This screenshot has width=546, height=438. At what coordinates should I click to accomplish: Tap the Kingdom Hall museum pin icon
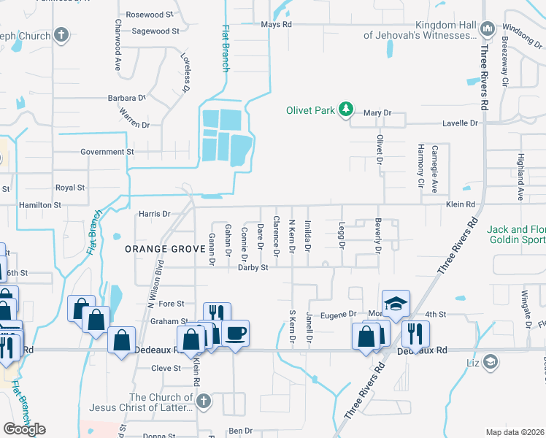click(x=488, y=29)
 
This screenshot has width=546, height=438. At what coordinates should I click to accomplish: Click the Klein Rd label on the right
click(x=461, y=205)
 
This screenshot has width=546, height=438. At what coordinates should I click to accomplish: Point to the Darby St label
click(x=253, y=268)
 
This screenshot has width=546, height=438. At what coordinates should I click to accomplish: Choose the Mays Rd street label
click(x=277, y=25)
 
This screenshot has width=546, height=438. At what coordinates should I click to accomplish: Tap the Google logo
click(x=23, y=429)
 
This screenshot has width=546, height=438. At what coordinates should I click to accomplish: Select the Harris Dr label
click(x=153, y=215)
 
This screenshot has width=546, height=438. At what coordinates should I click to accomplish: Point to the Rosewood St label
click(x=150, y=15)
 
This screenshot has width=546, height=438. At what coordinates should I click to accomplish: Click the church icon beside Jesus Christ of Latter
click(x=204, y=401)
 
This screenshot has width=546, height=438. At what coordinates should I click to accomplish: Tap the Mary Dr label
click(x=377, y=113)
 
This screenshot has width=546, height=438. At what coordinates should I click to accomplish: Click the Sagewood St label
click(x=155, y=31)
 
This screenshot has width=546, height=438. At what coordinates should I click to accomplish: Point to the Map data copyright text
click(x=515, y=432)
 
